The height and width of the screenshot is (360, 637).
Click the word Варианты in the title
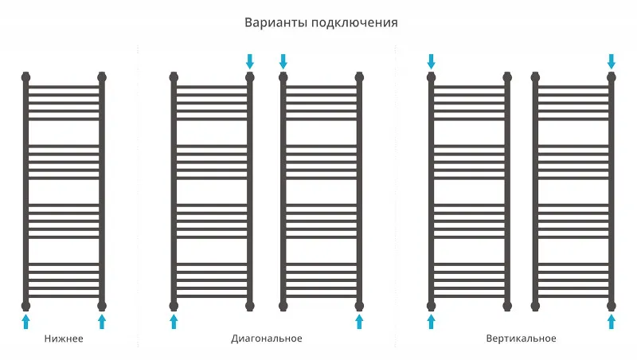click(276, 23)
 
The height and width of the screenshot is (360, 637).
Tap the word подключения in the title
click(354, 23)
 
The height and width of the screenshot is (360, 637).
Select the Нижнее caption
click(64, 338)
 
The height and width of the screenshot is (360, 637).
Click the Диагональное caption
click(267, 338)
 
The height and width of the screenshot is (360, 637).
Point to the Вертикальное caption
click(522, 338)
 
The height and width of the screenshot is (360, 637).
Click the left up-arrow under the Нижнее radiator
click(25, 321)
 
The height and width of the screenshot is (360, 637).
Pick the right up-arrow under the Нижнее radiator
click(102, 321)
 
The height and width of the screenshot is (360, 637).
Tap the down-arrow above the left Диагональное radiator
click(250, 62)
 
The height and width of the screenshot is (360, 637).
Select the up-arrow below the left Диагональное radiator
click(174, 321)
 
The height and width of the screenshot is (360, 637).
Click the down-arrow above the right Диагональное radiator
click(283, 62)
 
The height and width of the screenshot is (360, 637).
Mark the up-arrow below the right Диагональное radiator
click(359, 321)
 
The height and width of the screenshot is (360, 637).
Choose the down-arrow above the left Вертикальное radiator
click(431, 62)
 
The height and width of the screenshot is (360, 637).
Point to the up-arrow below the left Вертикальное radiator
click(431, 321)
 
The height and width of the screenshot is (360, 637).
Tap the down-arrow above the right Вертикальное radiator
click(611, 62)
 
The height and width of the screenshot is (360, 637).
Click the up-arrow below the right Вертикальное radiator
click(611, 321)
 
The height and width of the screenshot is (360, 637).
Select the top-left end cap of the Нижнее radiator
click(25, 76)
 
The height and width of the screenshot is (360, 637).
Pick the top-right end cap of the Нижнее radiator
click(102, 76)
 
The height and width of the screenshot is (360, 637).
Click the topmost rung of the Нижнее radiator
click(64, 87)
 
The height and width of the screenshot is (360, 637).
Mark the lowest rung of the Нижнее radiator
click(64, 296)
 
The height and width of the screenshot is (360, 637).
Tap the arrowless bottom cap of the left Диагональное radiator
click(250, 306)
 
